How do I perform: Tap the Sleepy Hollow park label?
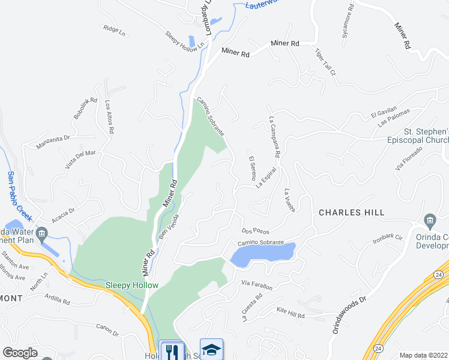tap(131, 285)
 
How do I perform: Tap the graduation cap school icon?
tap(211, 349)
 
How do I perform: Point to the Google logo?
tap(20, 352)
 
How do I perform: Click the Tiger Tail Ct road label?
tap(325, 62)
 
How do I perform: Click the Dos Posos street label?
tap(255, 230)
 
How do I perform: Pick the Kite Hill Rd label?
tap(291, 313)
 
